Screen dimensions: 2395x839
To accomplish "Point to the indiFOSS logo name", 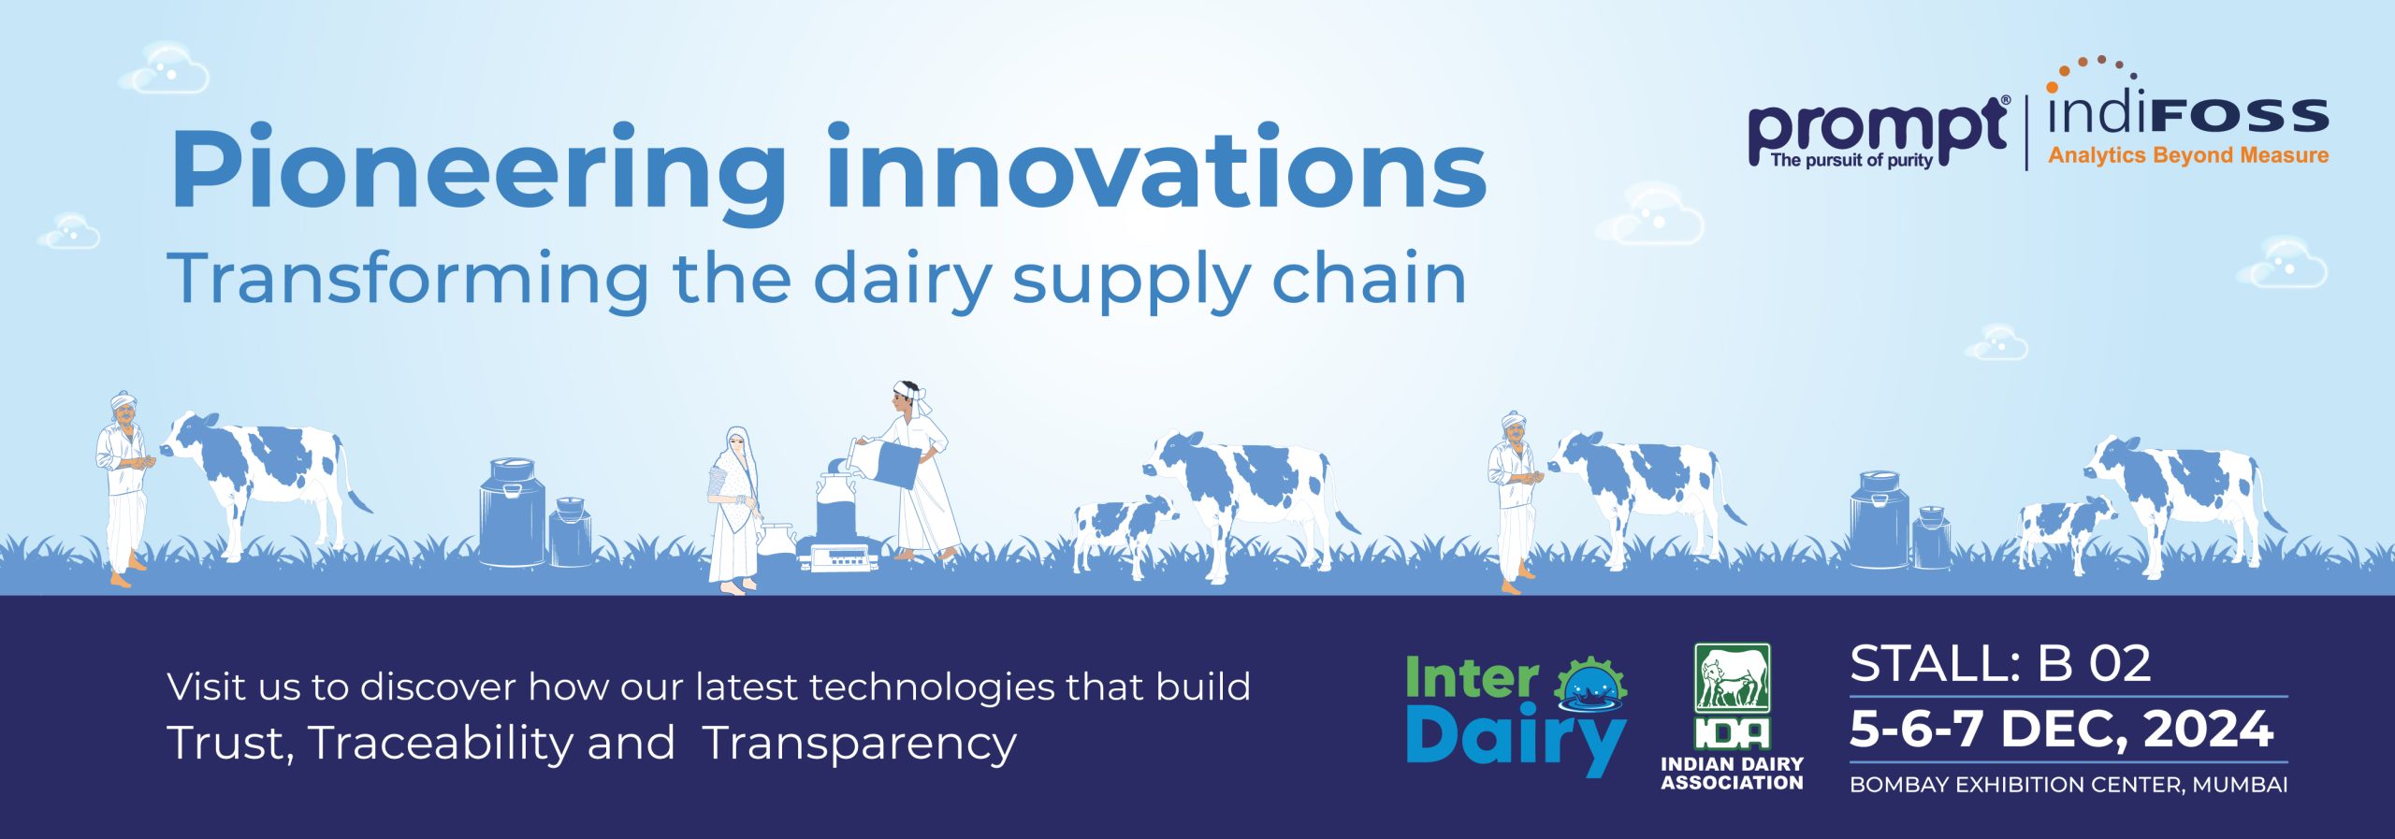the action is (x=2187, y=112).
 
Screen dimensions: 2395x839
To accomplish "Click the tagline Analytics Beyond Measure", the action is (x=2188, y=155).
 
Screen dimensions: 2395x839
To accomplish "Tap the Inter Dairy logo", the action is (x=1517, y=715).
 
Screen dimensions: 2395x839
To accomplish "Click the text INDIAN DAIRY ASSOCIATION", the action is (x=1732, y=774).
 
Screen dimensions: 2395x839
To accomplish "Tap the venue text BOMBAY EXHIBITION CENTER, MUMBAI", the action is (x=2068, y=785).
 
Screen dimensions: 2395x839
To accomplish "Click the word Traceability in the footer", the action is (x=439, y=743).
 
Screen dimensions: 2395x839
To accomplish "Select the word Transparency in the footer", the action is (x=859, y=745).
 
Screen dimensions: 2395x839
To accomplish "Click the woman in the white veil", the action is (x=735, y=510).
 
